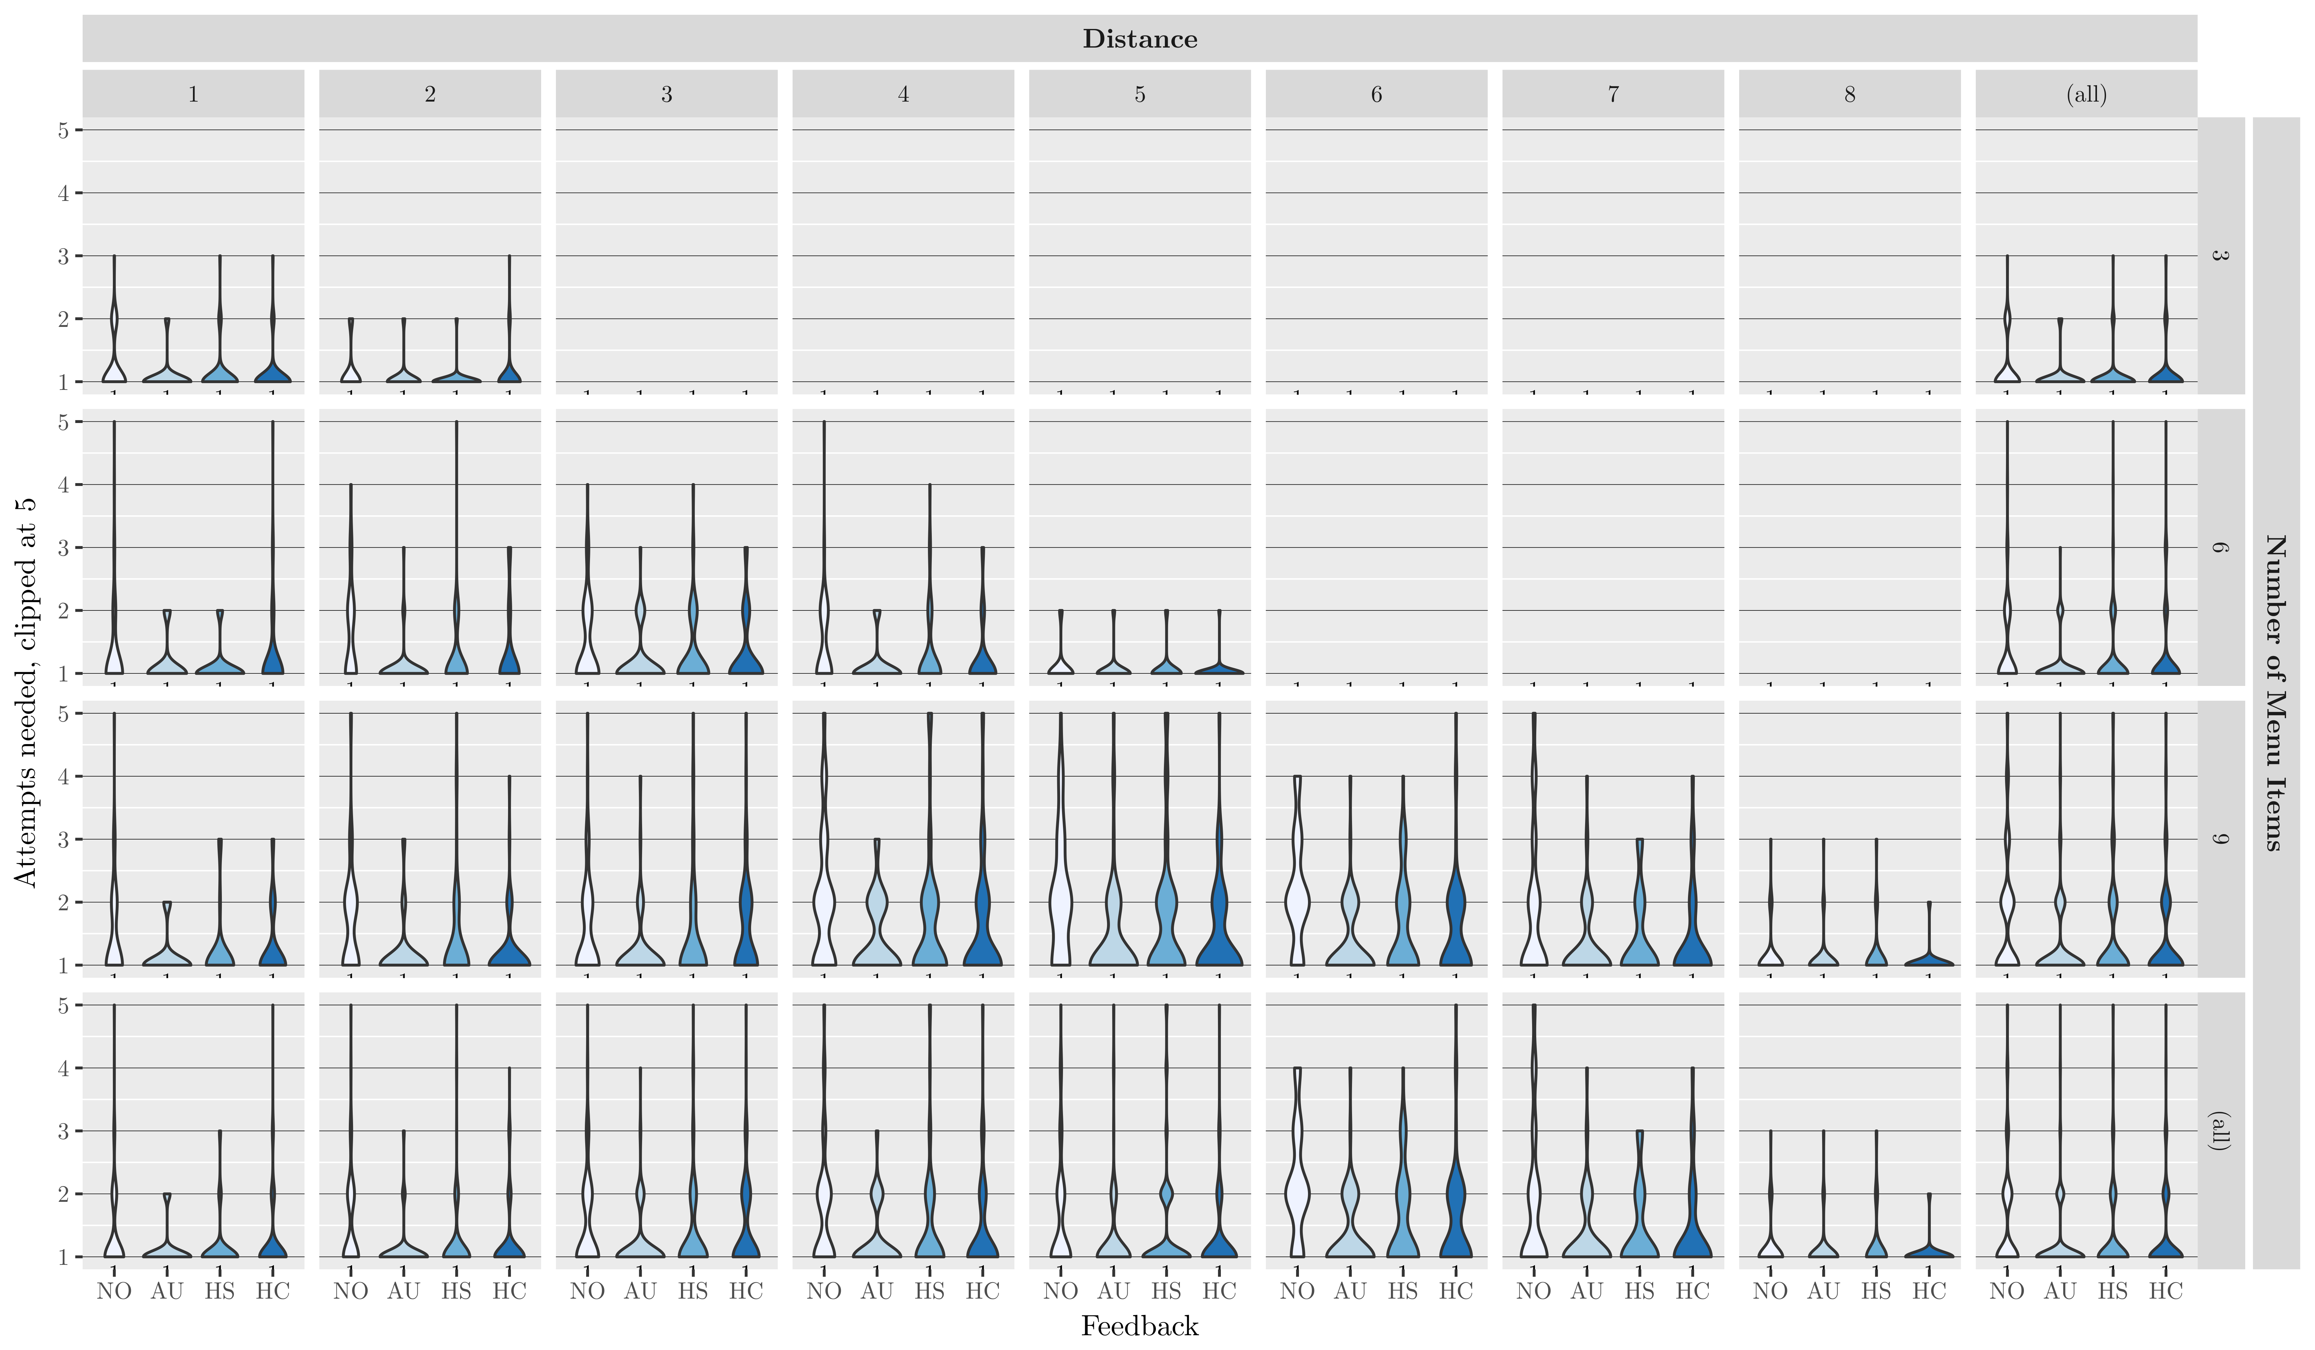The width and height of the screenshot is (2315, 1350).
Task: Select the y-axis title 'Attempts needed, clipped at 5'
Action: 26,691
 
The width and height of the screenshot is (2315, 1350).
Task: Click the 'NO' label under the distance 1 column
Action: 114,1291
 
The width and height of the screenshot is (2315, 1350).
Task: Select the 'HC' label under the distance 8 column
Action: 1929,1291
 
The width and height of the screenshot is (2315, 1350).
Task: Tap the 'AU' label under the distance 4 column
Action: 876,1291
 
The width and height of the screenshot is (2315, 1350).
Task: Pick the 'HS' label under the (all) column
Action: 2113,1291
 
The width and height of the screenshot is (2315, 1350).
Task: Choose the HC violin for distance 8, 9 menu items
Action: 1929,960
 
